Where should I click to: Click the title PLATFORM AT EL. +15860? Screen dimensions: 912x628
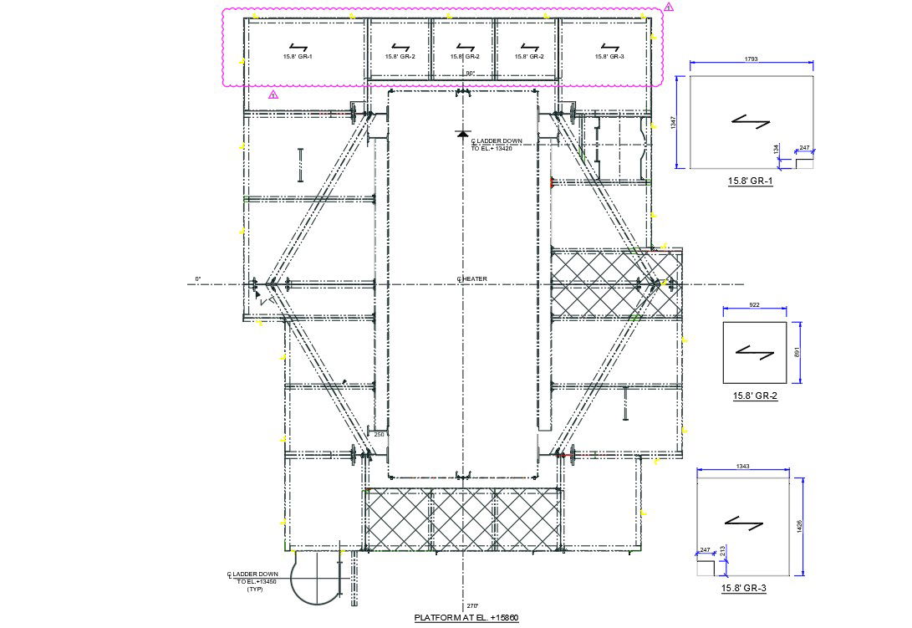tap(466, 618)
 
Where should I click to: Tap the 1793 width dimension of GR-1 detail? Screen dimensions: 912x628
tap(752, 59)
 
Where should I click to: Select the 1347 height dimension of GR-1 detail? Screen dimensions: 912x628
tap(673, 122)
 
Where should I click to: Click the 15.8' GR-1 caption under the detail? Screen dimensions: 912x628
tap(750, 181)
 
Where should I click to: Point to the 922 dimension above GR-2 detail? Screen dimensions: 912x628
tap(754, 305)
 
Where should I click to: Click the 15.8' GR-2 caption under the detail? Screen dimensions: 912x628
tap(755, 396)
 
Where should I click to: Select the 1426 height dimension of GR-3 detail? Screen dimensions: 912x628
tap(801, 527)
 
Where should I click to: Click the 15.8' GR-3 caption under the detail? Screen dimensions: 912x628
tap(743, 589)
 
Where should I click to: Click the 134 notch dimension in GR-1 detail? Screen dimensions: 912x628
tap(776, 149)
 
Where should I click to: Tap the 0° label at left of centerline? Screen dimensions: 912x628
tap(198, 278)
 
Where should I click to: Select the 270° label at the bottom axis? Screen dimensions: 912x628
tap(471, 605)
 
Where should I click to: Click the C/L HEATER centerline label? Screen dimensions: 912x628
tap(472, 279)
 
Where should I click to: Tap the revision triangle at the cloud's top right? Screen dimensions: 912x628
tap(669, 8)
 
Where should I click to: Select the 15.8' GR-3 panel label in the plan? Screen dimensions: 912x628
tap(607, 57)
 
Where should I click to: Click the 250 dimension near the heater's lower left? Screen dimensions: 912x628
tap(379, 434)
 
